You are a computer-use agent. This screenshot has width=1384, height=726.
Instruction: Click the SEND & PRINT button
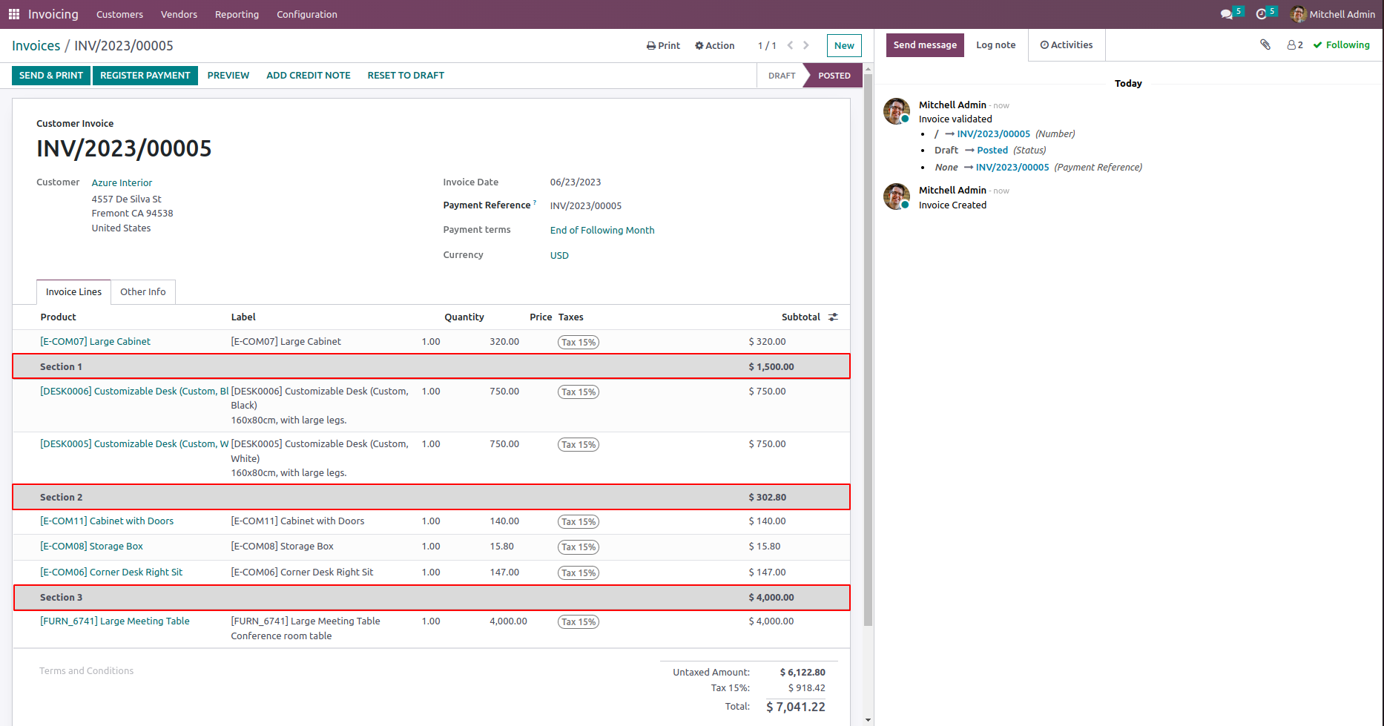[x=51, y=76]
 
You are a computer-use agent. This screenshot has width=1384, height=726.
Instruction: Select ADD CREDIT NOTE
[x=308, y=76]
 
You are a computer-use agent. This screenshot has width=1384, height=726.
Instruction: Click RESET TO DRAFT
[x=406, y=76]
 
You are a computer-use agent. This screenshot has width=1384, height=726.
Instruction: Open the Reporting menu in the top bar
[x=237, y=14]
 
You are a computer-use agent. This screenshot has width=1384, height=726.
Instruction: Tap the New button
[x=844, y=45]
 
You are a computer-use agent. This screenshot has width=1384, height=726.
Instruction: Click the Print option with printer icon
[x=663, y=45]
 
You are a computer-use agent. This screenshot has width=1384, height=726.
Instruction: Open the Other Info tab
[x=143, y=292]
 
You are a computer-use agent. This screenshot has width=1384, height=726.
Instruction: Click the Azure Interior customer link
[x=122, y=183]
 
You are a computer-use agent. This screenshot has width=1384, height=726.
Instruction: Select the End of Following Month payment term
[x=602, y=231]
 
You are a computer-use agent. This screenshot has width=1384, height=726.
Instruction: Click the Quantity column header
[x=464, y=317]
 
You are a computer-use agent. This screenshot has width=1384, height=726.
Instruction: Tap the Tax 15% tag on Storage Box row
[x=579, y=547]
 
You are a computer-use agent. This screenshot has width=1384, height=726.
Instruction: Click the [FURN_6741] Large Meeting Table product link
[x=115, y=621]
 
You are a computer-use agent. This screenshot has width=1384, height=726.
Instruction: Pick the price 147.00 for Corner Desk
[x=504, y=572]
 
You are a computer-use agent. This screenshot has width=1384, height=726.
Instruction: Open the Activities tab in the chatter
[x=1067, y=45]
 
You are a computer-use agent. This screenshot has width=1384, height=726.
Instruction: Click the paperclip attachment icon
[x=1265, y=44]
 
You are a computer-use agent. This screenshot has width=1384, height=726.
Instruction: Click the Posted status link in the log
[x=992, y=151]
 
